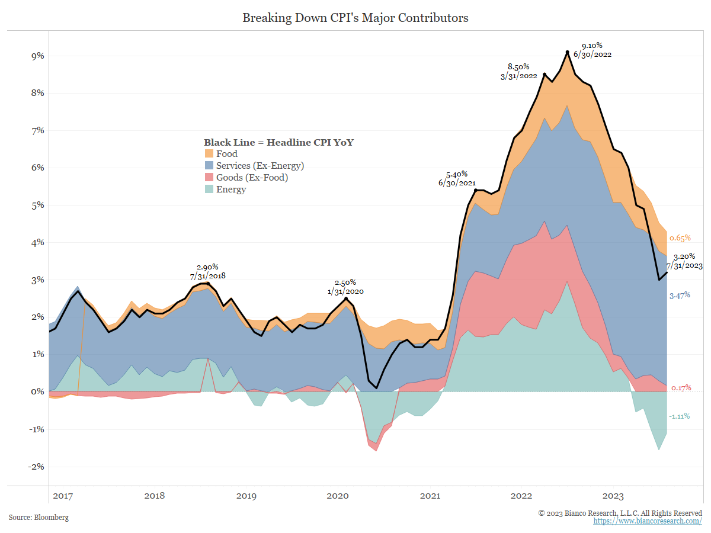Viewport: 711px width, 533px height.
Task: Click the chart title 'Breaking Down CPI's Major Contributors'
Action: click(355, 18)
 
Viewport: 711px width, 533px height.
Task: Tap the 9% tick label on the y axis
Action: click(37, 56)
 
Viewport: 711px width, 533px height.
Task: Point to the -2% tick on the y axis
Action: click(36, 466)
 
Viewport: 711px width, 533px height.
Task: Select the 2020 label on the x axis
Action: click(338, 496)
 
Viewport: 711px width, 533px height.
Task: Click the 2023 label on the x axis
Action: click(613, 496)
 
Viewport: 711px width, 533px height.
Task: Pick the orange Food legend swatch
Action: click(209, 154)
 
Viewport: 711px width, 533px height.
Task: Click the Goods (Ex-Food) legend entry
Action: click(252, 178)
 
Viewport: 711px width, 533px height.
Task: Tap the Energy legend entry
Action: click(230, 190)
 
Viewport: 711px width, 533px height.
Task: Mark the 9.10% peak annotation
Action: click(592, 46)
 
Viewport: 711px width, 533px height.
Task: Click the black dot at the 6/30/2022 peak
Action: click(568, 52)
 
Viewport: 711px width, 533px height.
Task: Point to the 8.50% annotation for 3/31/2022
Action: click(518, 67)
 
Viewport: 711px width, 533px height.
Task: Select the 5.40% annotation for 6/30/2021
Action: click(457, 174)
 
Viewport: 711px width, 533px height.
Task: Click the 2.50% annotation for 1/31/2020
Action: click(345, 282)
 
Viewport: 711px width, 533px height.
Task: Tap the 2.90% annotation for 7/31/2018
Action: click(207, 267)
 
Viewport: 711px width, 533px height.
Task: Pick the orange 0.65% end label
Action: click(680, 238)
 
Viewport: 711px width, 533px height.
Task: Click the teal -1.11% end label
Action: click(679, 416)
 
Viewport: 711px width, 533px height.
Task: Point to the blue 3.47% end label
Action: click(680, 295)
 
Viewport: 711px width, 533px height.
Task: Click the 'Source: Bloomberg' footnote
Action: click(39, 518)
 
